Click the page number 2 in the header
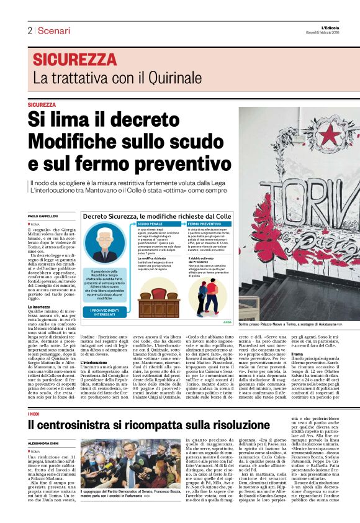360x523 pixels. [29, 30]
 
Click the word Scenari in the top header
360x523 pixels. [53, 30]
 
